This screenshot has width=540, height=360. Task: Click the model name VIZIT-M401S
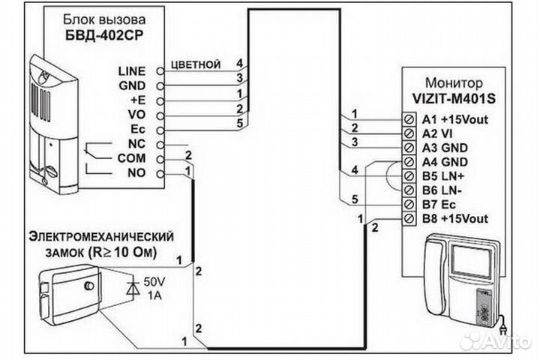click(453, 97)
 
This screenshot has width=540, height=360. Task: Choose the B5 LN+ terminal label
click(445, 175)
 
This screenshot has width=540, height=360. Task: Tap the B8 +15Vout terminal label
click(455, 218)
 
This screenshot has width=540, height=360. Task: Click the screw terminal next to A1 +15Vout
click(409, 118)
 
